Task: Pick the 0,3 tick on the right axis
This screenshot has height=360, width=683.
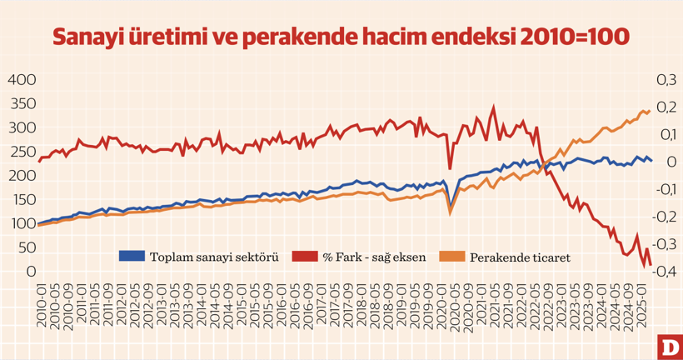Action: (x=667, y=80)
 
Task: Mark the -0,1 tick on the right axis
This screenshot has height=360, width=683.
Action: (x=666, y=190)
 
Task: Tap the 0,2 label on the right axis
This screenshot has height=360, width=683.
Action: (x=667, y=107)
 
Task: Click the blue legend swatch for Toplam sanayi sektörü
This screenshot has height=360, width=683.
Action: (x=132, y=256)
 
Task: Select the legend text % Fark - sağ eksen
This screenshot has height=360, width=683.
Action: (x=374, y=257)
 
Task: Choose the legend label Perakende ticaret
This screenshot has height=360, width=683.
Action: (x=520, y=257)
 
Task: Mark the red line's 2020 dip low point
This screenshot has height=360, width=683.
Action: (x=451, y=167)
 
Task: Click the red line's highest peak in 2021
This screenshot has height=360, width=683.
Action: (x=494, y=107)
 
